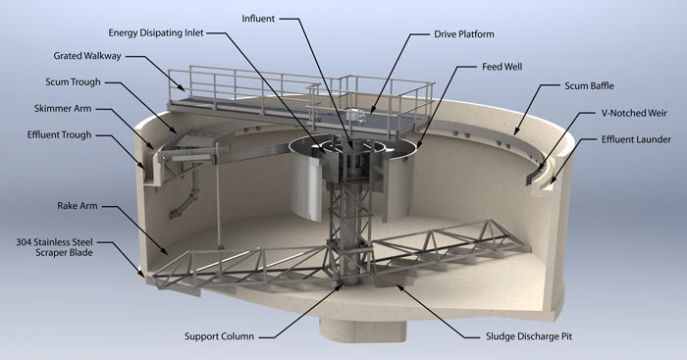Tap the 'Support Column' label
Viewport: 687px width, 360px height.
pos(220,335)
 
